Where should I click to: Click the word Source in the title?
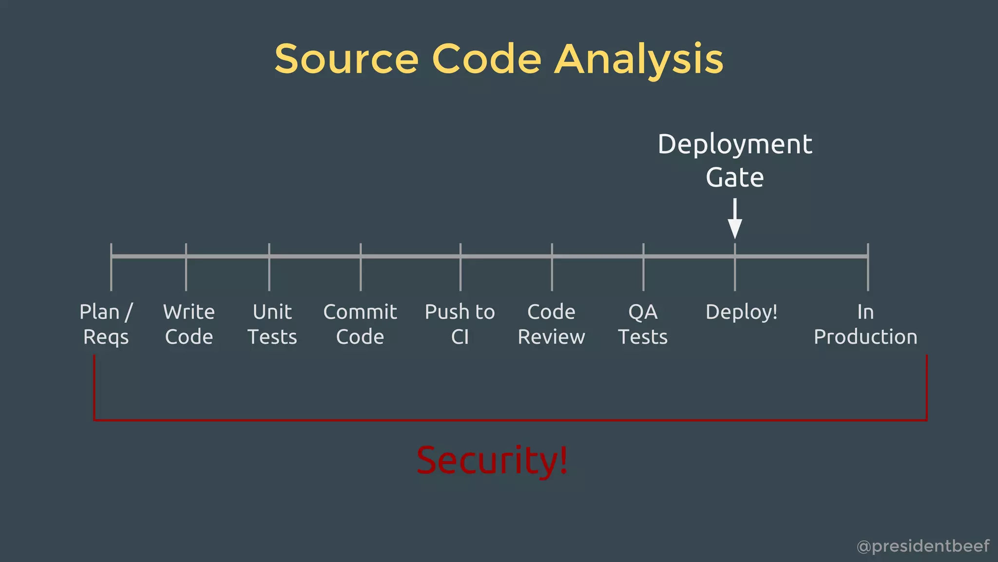pyautogui.click(x=346, y=59)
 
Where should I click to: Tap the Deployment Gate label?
pyautogui.click(x=734, y=161)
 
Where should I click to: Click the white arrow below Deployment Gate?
pyautogui.click(x=734, y=220)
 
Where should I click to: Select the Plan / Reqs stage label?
pyautogui.click(x=106, y=324)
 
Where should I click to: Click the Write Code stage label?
pyautogui.click(x=189, y=324)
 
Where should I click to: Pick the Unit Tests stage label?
pyautogui.click(x=272, y=324)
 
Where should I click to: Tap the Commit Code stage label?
pyautogui.click(x=360, y=324)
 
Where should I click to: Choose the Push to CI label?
pyautogui.click(x=460, y=324)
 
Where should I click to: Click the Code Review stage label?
pyautogui.click(x=551, y=324)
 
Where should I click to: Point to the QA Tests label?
pyautogui.click(x=643, y=324)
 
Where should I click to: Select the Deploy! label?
pyautogui.click(x=741, y=312)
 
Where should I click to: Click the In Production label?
pyautogui.click(x=865, y=324)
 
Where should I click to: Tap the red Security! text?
pyautogui.click(x=492, y=460)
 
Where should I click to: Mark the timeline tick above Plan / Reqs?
pyautogui.click(x=111, y=267)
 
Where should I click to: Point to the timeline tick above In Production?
pyautogui.click(x=868, y=267)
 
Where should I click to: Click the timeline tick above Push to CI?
pyautogui.click(x=460, y=267)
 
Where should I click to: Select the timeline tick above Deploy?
pyautogui.click(x=735, y=267)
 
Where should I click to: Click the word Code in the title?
pyautogui.click(x=486, y=59)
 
